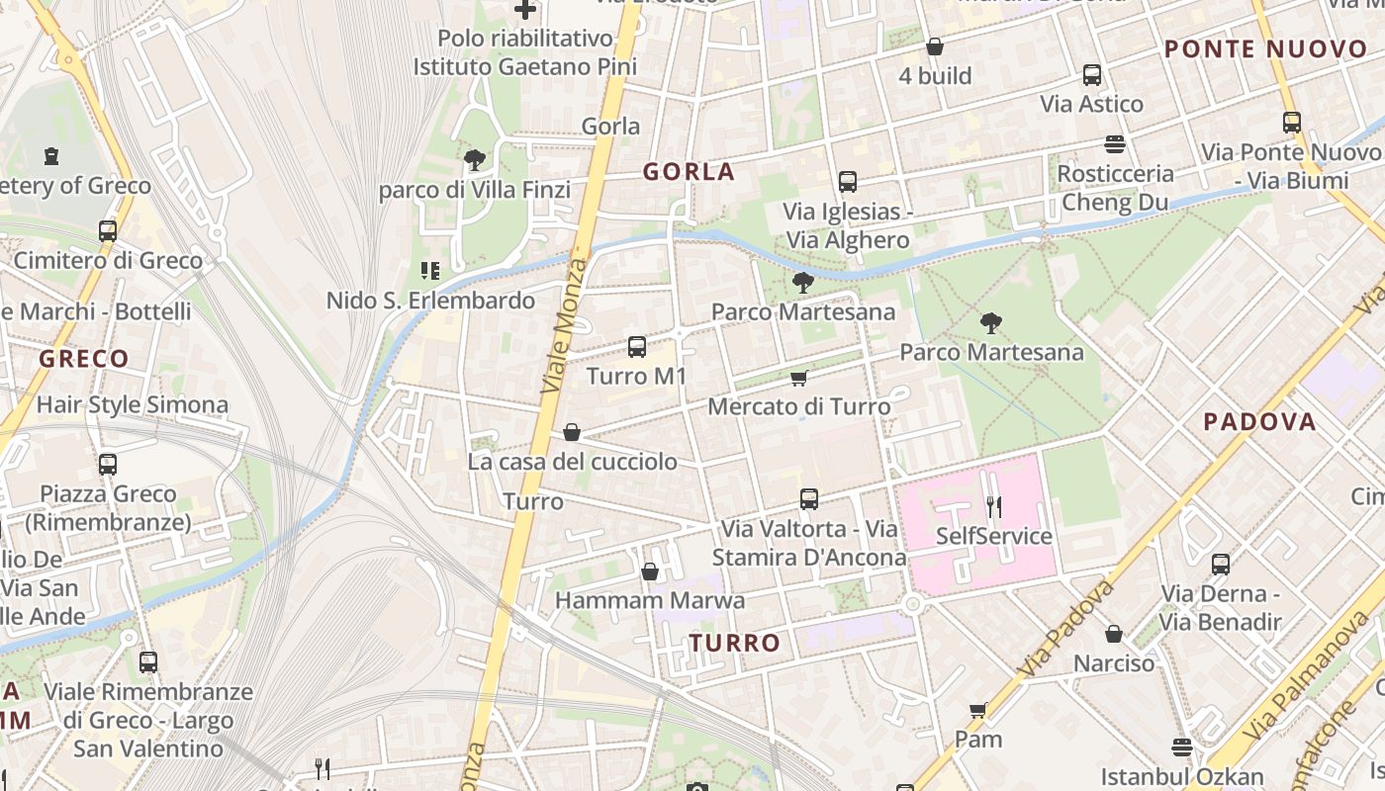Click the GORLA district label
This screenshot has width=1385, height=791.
[689, 172]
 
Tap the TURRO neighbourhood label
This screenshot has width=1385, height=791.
[735, 643]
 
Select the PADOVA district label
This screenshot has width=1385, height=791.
[1259, 422]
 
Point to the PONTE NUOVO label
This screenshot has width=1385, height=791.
[1265, 49]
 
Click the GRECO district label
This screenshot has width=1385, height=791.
[84, 359]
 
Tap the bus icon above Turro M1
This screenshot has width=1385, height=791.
[637, 347]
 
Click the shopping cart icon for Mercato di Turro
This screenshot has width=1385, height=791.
[798, 378]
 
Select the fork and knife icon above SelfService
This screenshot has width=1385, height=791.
[993, 507]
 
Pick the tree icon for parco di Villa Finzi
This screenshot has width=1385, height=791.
[475, 159]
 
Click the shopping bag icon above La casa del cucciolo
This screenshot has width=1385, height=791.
[571, 432]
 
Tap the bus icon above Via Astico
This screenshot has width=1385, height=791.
[1092, 75]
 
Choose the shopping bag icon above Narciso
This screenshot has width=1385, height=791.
[1114, 634]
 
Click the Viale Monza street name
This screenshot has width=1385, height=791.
[565, 326]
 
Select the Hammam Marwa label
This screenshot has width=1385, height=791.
[649, 600]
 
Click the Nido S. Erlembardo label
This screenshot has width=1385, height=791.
[430, 301]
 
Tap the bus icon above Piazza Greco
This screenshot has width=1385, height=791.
[108, 464]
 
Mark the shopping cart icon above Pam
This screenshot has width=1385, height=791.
[977, 710]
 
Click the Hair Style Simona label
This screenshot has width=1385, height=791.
[133, 404]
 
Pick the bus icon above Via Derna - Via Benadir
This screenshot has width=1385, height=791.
[1221, 565]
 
